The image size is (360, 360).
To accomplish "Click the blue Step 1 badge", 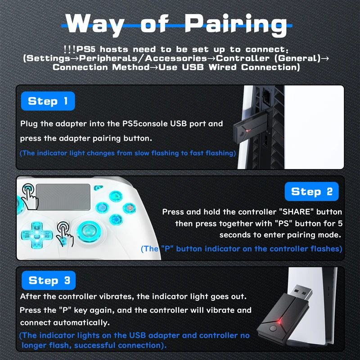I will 48,101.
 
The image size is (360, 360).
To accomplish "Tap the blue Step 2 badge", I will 311,191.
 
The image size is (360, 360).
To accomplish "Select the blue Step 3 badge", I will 49,280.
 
